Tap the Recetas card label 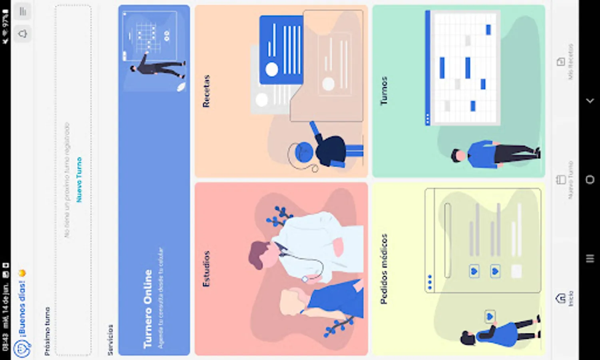(206, 91)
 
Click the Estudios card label (206, 269)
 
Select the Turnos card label (384, 91)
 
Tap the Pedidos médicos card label (384, 269)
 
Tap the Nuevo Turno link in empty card (79, 180)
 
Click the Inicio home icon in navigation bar (560, 298)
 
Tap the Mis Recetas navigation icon (560, 62)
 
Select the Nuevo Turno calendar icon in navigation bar (560, 180)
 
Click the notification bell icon (23, 34)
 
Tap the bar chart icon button (23, 12)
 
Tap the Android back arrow (590, 101)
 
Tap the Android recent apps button (590, 259)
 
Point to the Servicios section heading (110, 340)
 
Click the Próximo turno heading (47, 331)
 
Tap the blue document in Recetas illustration (281, 50)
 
